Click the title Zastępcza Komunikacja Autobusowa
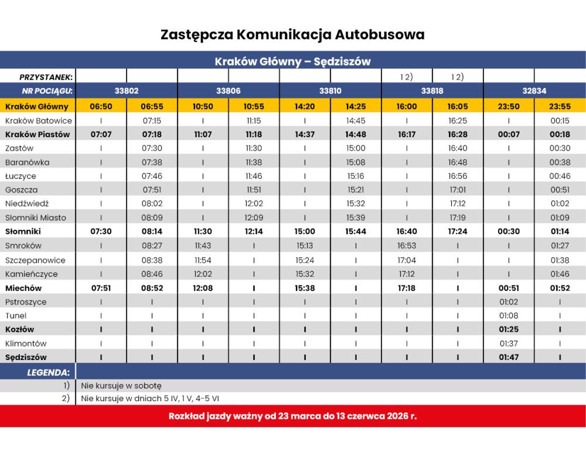coord(292,35)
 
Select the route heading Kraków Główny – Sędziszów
coord(292,62)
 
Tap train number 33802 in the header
coord(127,91)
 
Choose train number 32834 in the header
coord(534,91)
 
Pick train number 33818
coord(432,91)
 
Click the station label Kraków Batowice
coord(39,121)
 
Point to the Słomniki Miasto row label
coord(36,218)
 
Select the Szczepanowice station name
coord(35,260)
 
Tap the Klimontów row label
coord(26,344)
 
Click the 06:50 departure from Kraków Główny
coord(101,106)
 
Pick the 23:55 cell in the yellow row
coord(560,106)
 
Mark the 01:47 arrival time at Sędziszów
coord(509,357)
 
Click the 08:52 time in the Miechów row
coord(152,288)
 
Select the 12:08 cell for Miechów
coord(203,288)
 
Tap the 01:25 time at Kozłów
coord(509,330)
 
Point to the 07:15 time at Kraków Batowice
coord(152,121)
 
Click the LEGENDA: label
coord(48,372)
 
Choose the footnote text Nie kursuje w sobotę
coord(121,386)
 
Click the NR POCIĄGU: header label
coord(47,91)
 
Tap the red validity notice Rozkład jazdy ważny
coord(292,416)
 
